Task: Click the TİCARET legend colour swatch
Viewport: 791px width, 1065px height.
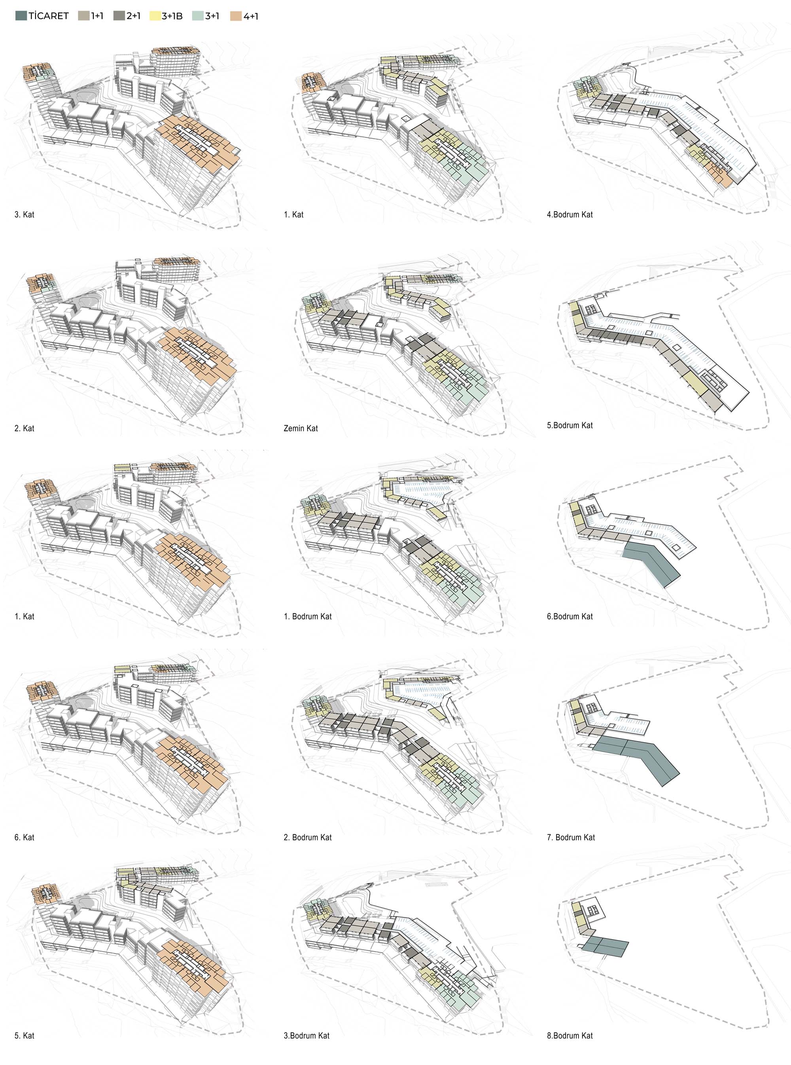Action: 21,16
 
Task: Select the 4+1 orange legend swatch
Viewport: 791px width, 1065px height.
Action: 236,16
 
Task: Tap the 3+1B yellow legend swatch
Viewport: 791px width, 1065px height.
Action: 155,16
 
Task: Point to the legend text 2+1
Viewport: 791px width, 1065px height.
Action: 134,16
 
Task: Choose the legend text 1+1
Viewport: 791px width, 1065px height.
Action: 97,16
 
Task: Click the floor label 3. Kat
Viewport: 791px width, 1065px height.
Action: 25,214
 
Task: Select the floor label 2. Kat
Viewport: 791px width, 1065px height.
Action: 25,428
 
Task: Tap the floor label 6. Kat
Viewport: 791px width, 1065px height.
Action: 25,837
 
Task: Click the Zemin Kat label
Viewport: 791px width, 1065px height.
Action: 301,428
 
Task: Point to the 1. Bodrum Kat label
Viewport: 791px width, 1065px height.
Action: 307,616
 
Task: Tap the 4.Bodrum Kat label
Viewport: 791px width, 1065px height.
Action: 570,214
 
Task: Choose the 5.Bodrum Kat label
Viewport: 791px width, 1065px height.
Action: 570,425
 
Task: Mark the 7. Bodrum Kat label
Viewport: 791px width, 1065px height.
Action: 571,837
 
